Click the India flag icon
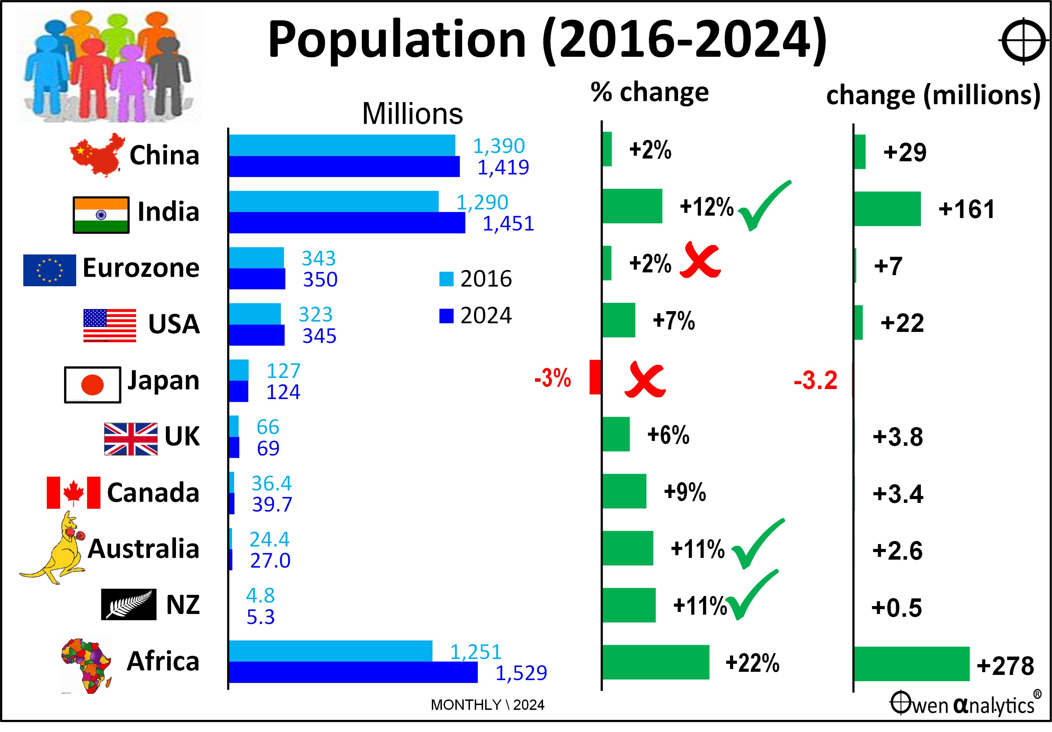tap(101, 215)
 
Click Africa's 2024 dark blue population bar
tap(353, 672)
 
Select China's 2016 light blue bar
tap(342, 145)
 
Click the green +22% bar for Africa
tap(656, 662)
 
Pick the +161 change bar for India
tap(887, 209)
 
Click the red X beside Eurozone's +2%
tap(700, 261)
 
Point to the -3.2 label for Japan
tap(815, 380)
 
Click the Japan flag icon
tap(92, 385)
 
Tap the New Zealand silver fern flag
tap(129, 604)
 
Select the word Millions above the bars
tap(412, 114)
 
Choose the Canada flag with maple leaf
tap(73, 492)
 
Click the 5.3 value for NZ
tap(261, 617)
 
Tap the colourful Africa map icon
tap(86, 665)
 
